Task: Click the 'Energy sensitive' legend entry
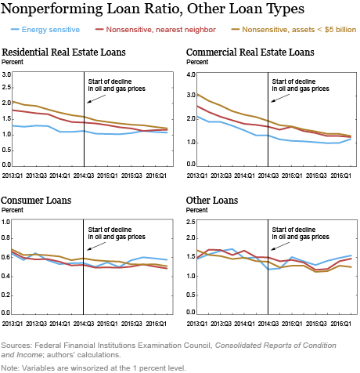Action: click(x=45, y=30)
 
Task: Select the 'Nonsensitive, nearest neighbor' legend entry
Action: click(x=156, y=30)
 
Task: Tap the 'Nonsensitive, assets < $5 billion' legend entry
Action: click(x=293, y=30)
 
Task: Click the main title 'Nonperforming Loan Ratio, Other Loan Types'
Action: click(x=153, y=9)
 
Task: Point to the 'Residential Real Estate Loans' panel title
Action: click(x=63, y=53)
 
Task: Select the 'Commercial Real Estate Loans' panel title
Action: click(x=250, y=53)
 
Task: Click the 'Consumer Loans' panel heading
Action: click(x=36, y=201)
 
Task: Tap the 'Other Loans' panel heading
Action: click(x=212, y=201)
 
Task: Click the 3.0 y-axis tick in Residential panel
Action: click(x=6, y=74)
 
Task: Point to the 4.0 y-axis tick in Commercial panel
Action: click(x=191, y=74)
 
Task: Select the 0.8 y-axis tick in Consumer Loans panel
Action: click(x=5, y=238)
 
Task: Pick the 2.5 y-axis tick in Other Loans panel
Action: click(x=191, y=222)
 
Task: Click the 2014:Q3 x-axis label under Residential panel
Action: click(x=84, y=176)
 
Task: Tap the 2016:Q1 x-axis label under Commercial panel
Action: click(x=341, y=176)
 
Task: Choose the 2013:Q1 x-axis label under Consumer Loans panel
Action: click(x=13, y=324)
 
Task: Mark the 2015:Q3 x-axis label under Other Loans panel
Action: click(x=316, y=324)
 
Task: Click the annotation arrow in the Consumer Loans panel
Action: click(x=96, y=246)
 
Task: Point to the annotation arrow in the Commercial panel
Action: click(x=280, y=98)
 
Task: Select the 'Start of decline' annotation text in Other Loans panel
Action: click(x=293, y=230)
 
